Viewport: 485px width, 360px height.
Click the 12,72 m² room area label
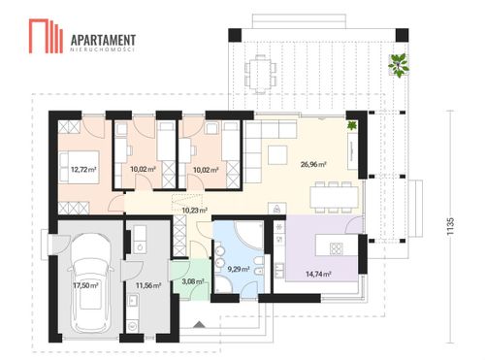(x=83, y=169)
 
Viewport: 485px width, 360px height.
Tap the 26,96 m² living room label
(x=313, y=164)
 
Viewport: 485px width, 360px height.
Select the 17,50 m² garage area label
(x=85, y=285)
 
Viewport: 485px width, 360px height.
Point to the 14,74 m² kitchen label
(x=318, y=275)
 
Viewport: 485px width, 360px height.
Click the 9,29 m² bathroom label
(x=239, y=269)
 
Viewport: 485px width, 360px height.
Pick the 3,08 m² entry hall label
(x=193, y=281)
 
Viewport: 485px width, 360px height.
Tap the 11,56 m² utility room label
(x=148, y=285)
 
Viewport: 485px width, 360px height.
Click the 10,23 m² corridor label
(x=194, y=211)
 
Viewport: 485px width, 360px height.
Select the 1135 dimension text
(x=450, y=226)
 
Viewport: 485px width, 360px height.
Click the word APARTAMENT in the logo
(x=103, y=40)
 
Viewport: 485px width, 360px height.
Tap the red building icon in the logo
(x=46, y=36)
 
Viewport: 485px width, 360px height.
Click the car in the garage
(x=90, y=283)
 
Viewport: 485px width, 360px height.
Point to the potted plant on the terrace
(x=399, y=65)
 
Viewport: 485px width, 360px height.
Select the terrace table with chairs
(x=260, y=74)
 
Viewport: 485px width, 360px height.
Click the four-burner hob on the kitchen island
(x=337, y=248)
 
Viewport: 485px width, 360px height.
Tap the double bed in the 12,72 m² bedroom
(x=80, y=167)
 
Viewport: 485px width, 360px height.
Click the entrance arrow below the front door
(x=198, y=324)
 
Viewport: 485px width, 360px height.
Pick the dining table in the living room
(x=335, y=197)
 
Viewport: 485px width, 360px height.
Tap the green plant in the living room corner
(x=352, y=125)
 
